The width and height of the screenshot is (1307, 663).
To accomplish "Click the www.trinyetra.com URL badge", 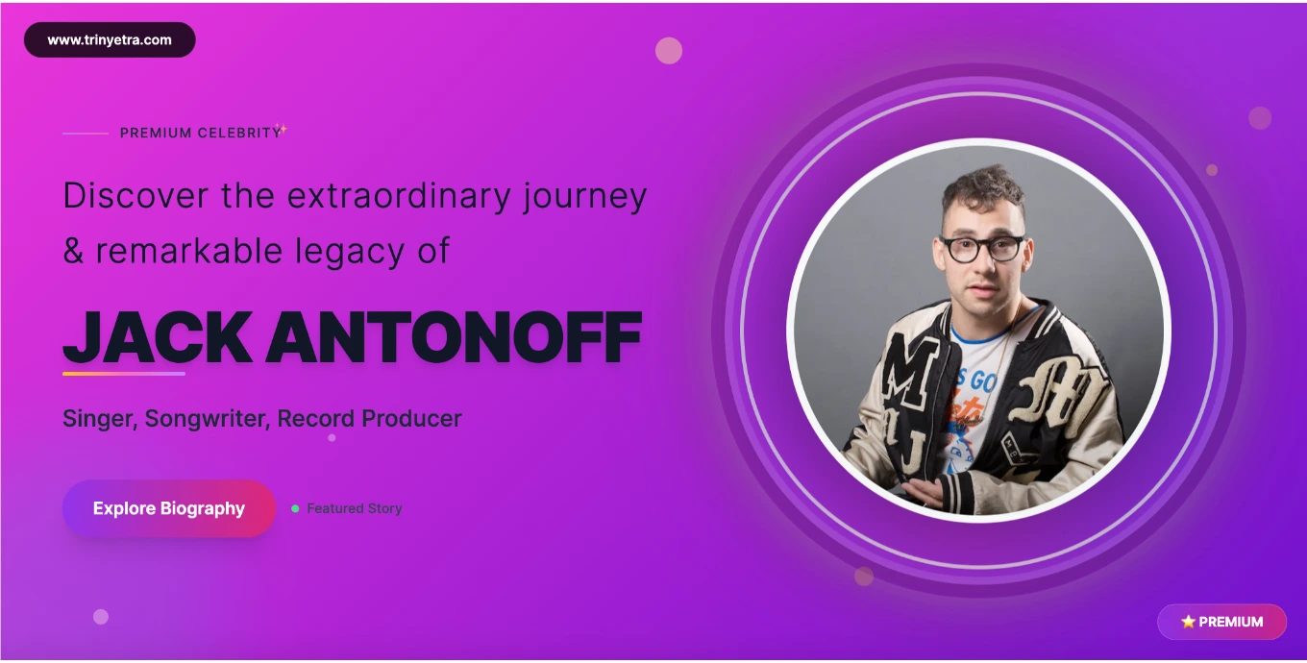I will pos(110,40).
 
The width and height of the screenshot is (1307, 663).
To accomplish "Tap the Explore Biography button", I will pos(169,508).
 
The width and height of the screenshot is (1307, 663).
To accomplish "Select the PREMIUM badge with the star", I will pos(1221,622).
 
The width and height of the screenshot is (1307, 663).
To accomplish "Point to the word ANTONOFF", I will pos(454,337).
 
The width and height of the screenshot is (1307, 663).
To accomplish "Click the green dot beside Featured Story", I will pos(295,508).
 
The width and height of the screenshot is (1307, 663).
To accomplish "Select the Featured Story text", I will pos(354,508).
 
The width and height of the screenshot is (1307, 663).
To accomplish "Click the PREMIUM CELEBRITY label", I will pos(200,133).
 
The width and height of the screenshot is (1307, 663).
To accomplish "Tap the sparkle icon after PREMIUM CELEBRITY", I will pos(282,129).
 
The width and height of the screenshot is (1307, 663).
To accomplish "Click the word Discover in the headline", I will pos(136,196).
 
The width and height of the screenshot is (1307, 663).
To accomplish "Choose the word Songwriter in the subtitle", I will pos(207,419).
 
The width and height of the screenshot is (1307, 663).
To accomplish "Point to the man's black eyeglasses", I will pos(981,248).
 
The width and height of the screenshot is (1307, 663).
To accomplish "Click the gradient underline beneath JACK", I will pos(124,373).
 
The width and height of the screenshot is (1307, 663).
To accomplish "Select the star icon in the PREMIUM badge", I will pos(1188,622).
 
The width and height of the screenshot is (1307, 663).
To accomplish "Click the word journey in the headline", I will pos(585,196).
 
